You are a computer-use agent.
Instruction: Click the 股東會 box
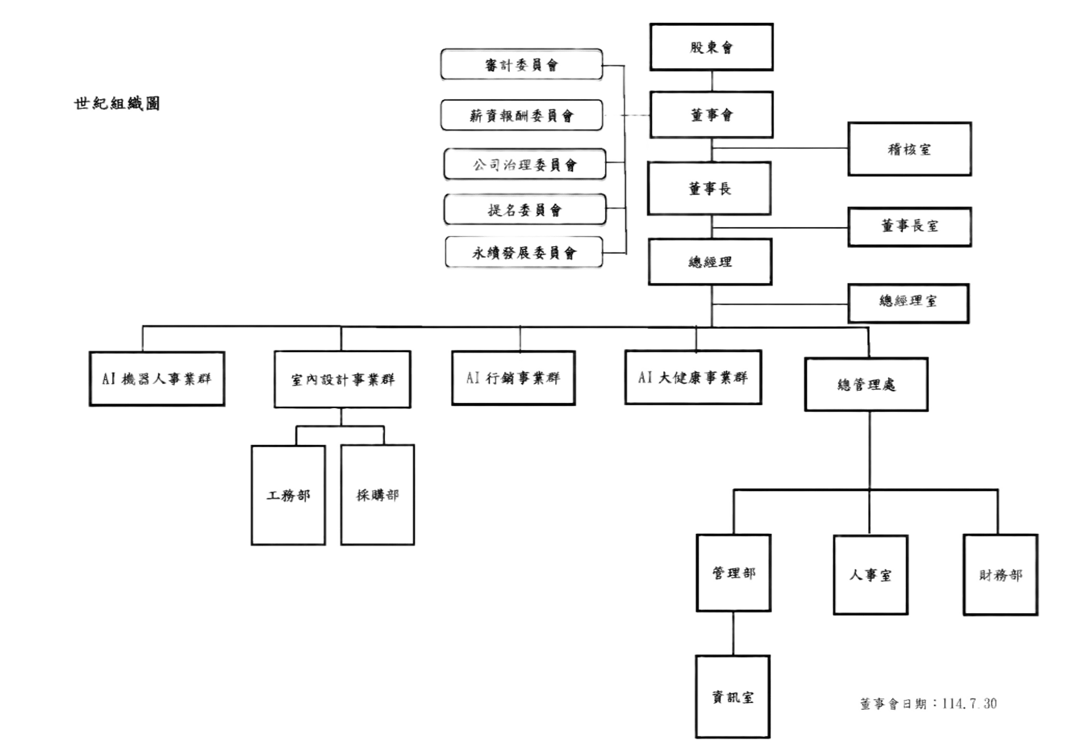coord(712,47)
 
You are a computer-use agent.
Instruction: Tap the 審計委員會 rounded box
coord(521,65)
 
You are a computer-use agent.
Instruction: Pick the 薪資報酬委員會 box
coord(522,116)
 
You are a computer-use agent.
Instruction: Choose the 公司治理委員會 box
coord(525,164)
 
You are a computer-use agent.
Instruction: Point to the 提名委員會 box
coord(525,210)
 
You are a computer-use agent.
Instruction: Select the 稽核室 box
coord(909,149)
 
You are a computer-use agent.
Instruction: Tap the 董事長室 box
coord(909,227)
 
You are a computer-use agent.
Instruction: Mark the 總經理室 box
coord(908,302)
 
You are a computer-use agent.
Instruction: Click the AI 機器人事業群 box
coord(157,379)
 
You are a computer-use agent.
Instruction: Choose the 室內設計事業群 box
coord(342,379)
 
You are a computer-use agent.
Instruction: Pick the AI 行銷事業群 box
coord(513,378)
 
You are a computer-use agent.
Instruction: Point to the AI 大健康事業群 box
coord(693,377)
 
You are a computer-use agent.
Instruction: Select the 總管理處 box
coord(866,384)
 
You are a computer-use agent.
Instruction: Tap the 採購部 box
coord(377,495)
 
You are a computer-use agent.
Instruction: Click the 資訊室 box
coord(733,697)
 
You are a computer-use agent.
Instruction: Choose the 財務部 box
coord(1000,575)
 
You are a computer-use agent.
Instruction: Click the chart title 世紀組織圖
coord(117,103)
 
